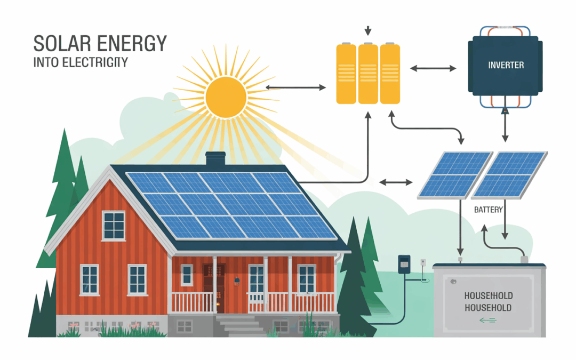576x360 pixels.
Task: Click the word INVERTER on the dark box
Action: tap(506, 65)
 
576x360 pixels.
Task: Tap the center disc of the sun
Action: tap(226, 96)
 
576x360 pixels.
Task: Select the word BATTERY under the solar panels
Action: tap(488, 210)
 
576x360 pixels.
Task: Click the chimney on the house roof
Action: tap(215, 158)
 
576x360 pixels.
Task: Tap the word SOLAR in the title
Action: tap(62, 44)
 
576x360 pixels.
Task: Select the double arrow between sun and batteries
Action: tap(295, 87)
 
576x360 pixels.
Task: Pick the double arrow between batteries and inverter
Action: tap(433, 68)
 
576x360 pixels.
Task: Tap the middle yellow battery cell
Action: tap(368, 74)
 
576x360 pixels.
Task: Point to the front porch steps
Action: tap(235, 323)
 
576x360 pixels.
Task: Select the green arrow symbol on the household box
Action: tap(487, 320)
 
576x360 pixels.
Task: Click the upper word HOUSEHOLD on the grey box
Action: tap(488, 295)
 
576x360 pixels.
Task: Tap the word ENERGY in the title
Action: tap(130, 44)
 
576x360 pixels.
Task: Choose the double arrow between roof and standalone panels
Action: tap(395, 183)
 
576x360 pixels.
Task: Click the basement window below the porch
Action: tap(185, 325)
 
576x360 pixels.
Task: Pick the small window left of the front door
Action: tap(187, 275)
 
